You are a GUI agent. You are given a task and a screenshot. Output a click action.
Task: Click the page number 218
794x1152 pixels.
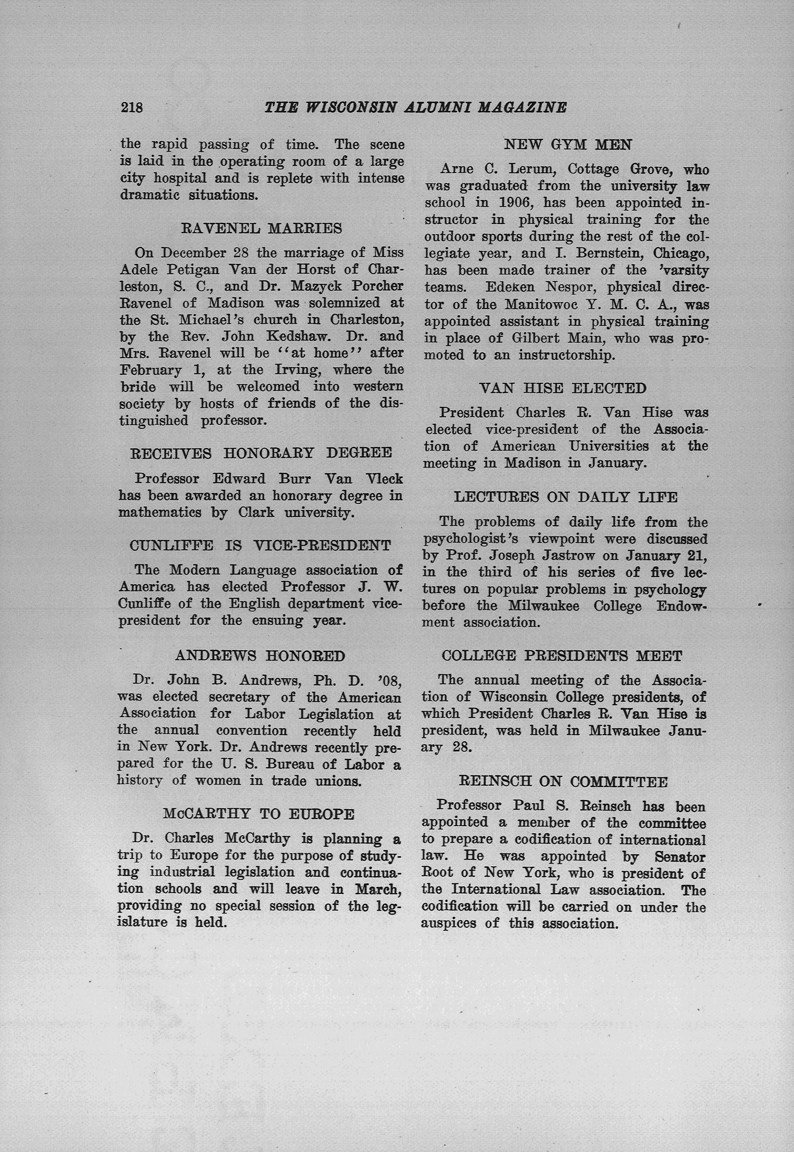[x=132, y=107]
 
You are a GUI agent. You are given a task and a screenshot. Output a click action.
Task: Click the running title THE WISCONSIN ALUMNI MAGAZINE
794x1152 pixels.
[x=416, y=107]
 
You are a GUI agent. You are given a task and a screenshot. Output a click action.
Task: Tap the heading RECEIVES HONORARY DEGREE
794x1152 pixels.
[x=261, y=453]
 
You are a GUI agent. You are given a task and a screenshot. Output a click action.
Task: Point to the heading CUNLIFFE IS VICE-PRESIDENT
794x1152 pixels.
[x=260, y=545]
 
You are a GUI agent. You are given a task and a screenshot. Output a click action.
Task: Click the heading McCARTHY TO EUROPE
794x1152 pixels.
[x=259, y=814]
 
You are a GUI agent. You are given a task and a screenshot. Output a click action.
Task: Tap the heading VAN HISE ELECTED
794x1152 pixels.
[x=563, y=388]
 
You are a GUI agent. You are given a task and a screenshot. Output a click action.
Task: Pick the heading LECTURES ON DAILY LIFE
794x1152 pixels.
[x=566, y=497]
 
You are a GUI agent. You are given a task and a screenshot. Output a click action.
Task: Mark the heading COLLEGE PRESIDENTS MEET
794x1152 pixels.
[x=562, y=656]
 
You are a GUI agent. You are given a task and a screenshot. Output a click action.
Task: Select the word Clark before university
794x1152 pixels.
[x=256, y=513]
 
